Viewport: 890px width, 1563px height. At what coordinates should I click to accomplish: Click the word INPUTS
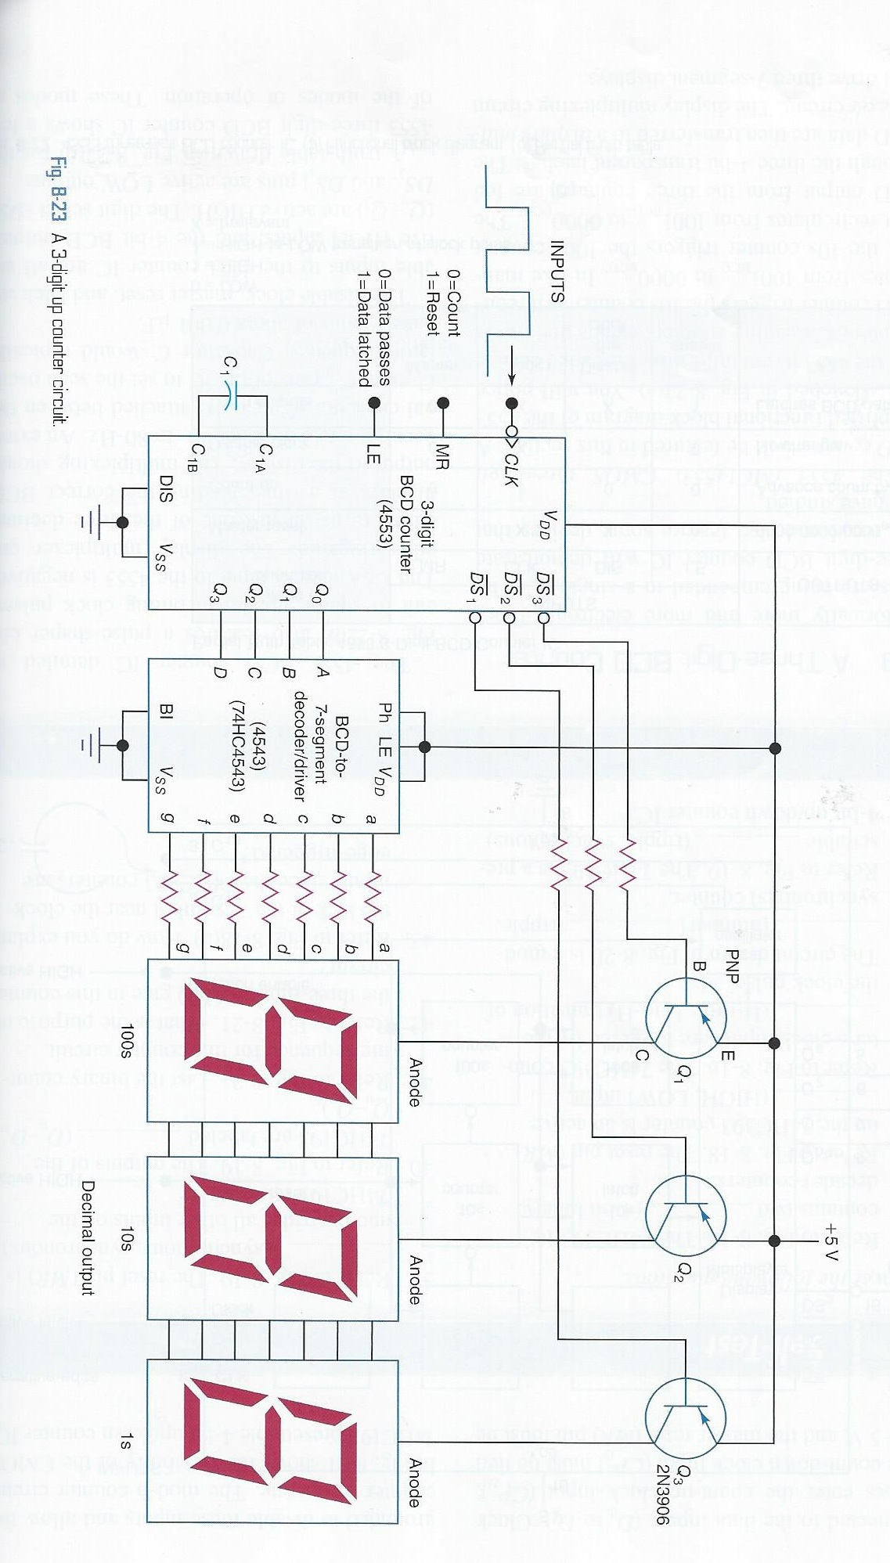tap(557, 271)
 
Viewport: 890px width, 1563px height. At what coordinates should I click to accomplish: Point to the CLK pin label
tap(510, 469)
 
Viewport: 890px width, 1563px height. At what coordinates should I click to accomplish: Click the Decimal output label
tap(87, 1237)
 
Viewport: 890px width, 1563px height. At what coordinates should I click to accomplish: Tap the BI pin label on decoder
tap(166, 711)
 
